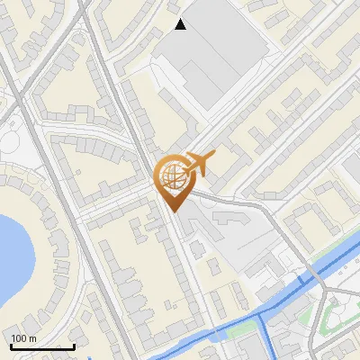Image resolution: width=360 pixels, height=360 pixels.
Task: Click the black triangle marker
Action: coord(181,24)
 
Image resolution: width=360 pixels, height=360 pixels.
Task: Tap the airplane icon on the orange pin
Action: coord(202,163)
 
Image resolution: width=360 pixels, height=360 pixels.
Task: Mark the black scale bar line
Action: coord(42,346)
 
